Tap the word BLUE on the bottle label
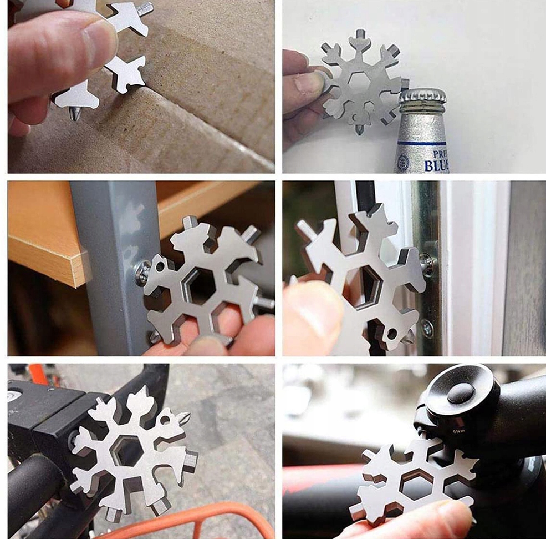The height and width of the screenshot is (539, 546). click(x=437, y=164)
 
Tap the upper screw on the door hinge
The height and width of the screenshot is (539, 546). click(x=426, y=264)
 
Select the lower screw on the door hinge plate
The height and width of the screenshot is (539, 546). click(x=427, y=329)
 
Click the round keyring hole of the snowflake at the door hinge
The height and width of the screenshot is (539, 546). click(x=392, y=334)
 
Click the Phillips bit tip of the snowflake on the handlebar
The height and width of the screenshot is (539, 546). click(x=185, y=417)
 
